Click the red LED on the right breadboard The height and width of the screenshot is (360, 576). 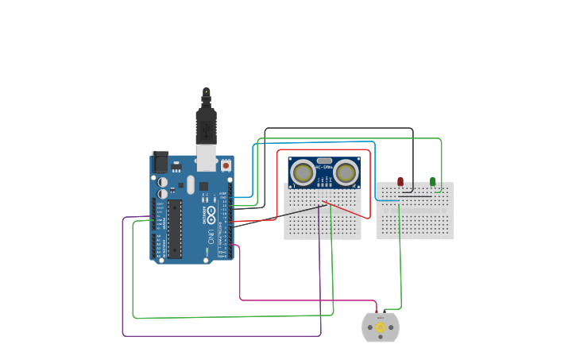(400, 181)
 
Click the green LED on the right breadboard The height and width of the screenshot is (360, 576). (432, 181)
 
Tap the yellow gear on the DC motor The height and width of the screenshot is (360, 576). (381, 327)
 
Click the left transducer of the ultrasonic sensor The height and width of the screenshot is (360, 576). (303, 172)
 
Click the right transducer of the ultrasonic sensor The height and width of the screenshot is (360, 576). (346, 172)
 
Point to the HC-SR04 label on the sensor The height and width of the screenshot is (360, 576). (324, 168)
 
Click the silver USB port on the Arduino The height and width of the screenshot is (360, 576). (207, 157)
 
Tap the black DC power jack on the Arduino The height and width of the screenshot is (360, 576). (160, 162)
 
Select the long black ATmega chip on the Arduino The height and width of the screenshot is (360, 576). (174, 228)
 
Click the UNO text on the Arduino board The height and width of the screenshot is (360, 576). (211, 236)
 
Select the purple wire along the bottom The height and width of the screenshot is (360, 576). (222, 335)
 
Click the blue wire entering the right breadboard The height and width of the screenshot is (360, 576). (388, 201)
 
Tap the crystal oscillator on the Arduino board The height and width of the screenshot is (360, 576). (191, 185)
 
